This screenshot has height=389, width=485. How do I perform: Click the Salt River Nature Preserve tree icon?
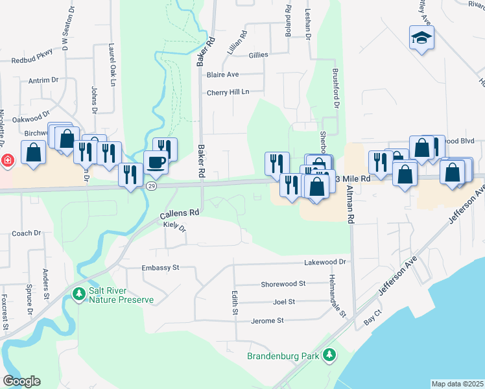coord(80,295)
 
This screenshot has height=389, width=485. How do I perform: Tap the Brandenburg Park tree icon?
coord(330,355)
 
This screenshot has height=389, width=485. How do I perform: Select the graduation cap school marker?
coord(421,38)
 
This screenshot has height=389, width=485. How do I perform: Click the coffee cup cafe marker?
coord(156,162)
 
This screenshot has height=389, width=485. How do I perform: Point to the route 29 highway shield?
coord(151,186)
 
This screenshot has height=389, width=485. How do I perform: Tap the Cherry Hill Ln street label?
coord(228,92)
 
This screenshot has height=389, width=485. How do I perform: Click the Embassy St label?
coord(160,267)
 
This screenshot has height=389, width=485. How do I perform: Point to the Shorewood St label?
coord(283,283)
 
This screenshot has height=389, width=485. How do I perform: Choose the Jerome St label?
coord(267,320)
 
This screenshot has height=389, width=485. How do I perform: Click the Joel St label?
coord(284,301)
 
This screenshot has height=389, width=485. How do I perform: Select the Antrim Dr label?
coord(43,80)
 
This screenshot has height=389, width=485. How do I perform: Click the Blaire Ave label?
coord(222,75)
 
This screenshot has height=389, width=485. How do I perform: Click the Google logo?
coord(21,381)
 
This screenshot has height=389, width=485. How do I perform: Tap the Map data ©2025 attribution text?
coord(456,384)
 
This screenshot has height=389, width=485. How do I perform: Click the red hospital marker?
coord(6,160)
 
